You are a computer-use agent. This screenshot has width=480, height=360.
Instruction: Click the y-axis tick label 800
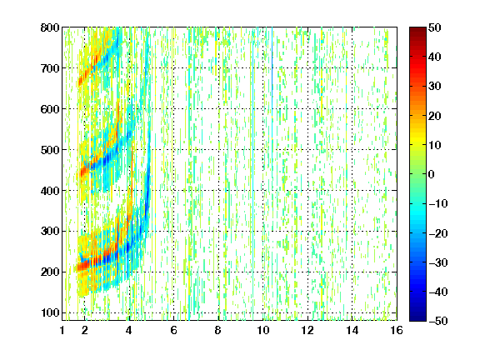50,27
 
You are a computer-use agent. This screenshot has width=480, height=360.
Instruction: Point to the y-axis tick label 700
50,68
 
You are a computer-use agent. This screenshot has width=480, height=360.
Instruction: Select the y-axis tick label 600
50,109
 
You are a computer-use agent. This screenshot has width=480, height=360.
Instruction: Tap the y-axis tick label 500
50,150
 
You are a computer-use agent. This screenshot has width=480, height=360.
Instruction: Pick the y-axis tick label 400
50,191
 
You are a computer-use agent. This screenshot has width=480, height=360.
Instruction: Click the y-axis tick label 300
50,232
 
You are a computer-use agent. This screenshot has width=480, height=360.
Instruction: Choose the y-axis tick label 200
50,272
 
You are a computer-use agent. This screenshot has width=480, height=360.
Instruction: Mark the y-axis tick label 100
50,312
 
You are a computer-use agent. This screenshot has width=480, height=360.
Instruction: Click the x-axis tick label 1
62,330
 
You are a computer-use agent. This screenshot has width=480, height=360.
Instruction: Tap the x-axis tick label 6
174,330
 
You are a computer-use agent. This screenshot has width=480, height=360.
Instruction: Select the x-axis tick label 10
263,330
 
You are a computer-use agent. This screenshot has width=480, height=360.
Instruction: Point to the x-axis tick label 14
352,330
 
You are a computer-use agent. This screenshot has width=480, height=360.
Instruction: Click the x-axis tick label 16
397,330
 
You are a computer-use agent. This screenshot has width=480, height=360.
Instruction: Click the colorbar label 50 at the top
434,27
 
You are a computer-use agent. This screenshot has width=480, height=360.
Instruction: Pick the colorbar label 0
432,174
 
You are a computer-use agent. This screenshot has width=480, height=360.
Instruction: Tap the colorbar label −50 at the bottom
438,321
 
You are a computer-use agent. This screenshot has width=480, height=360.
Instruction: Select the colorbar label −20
438,233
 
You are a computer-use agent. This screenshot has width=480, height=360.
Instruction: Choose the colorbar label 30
434,87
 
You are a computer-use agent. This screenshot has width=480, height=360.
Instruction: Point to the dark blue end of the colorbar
417,318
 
